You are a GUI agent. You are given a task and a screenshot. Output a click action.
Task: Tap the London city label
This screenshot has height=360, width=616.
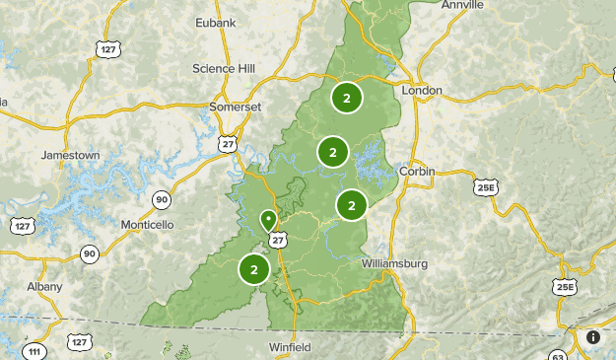point(422,90)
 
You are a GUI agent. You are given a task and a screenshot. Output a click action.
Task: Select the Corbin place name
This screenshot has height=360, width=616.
point(418,171)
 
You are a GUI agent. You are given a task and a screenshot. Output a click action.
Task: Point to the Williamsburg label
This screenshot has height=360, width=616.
point(395,263)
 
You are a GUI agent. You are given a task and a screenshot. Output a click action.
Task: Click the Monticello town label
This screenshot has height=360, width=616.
point(147,225)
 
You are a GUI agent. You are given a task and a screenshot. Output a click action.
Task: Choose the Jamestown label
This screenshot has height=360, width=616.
point(70,155)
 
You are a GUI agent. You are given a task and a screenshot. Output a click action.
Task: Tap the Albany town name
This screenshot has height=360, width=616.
point(45,286)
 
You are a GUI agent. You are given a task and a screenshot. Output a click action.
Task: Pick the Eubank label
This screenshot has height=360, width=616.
point(217,21)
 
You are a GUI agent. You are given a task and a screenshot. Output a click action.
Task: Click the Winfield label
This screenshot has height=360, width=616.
point(291,347)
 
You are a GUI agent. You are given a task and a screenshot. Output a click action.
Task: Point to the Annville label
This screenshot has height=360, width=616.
point(463,5)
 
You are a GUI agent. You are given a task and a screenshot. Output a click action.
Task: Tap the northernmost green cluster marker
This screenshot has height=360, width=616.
point(347,97)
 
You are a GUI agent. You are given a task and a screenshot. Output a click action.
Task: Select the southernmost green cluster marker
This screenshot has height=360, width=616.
point(254,268)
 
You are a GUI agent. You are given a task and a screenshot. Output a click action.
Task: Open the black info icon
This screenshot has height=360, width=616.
point(593,337)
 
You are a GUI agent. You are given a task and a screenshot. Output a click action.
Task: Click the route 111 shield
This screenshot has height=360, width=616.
point(35,351)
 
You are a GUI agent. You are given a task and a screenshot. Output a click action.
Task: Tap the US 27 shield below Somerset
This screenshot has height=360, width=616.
point(229,143)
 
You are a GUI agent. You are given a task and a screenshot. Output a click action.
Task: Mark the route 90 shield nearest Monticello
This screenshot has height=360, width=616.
point(161,200)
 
